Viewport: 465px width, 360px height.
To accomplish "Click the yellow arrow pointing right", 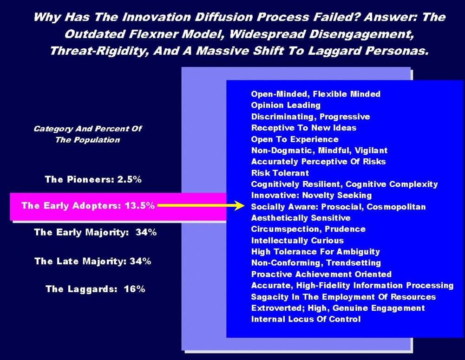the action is pos(201,205).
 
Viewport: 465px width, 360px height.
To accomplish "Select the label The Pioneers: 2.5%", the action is pos(93,179).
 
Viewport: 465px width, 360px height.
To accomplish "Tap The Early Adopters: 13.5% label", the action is pos(88,205).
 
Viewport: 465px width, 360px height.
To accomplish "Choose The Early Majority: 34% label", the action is pos(95,232).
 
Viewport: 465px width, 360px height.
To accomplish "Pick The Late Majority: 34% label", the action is pos(93,261).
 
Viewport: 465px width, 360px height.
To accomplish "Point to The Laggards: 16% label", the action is pos(95,289).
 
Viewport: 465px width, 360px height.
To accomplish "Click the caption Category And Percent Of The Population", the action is pos(88,134).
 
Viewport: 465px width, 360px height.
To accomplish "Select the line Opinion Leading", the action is pos(286,105).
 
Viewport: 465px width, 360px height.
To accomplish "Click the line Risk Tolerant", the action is pos(280,173).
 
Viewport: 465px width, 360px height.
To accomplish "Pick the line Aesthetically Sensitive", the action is pos(301,218).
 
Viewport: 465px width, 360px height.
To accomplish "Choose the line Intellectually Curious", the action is pos(297,241).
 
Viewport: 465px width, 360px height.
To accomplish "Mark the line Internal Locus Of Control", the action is pos(306,319).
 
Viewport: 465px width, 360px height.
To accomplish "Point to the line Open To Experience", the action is pos(295,139).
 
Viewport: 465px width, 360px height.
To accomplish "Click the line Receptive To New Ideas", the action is pos(304,128).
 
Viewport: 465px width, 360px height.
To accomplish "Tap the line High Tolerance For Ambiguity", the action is pos(315,252).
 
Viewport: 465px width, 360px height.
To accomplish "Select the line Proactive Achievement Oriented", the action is pos(321,274).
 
